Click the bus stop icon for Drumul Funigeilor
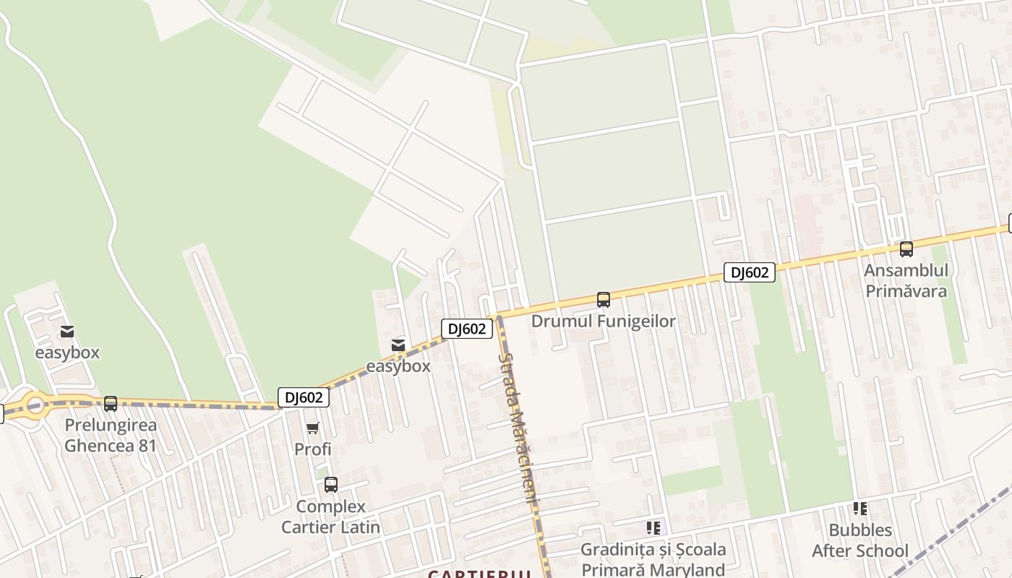[x=603, y=299]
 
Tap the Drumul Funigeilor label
[x=603, y=322]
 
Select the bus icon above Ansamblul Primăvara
[x=906, y=249]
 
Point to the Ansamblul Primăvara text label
[x=906, y=281]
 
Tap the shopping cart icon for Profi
[x=313, y=428]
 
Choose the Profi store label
[x=313, y=449]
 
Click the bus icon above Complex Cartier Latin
[x=331, y=485]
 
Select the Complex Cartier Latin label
[x=330, y=517]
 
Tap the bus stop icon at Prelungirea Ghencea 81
[x=111, y=404]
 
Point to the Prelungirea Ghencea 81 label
[x=111, y=435]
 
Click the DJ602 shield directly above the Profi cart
[x=304, y=397]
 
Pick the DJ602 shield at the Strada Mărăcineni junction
[x=467, y=329]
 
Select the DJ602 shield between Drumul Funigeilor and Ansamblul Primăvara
[x=749, y=272]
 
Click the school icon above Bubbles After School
[x=859, y=509]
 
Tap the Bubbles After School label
[x=859, y=540]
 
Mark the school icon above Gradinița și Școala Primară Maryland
[x=653, y=528]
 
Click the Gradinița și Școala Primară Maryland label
[x=653, y=559]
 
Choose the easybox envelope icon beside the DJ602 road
[x=398, y=345]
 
